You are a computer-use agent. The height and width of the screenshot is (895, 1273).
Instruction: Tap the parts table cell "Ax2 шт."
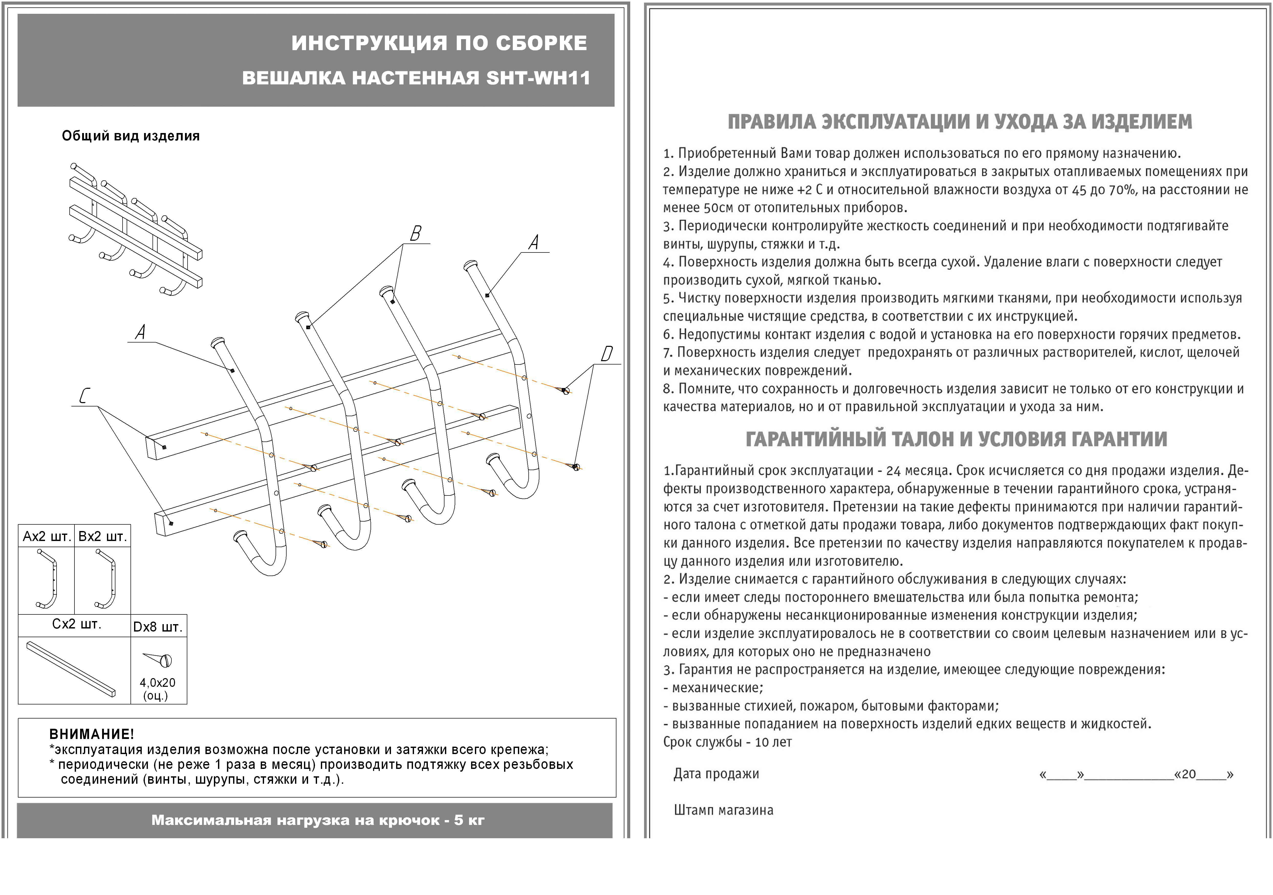coord(47,536)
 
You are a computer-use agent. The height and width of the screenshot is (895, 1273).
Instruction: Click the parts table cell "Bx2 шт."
coord(103,536)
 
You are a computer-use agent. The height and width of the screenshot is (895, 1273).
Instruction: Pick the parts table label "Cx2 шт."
coord(77,624)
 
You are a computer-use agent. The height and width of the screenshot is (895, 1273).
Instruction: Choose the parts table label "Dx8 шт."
coord(158,627)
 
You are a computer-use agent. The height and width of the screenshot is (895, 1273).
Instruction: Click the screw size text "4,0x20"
coord(157,683)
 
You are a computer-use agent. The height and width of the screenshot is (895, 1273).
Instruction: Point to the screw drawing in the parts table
coord(159,659)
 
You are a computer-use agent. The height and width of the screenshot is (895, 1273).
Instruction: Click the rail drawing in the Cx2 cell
coord(71,669)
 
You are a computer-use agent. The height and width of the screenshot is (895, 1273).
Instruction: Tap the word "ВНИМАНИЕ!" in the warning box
coord(92,734)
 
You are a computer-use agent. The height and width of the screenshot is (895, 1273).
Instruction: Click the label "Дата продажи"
coord(716,774)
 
